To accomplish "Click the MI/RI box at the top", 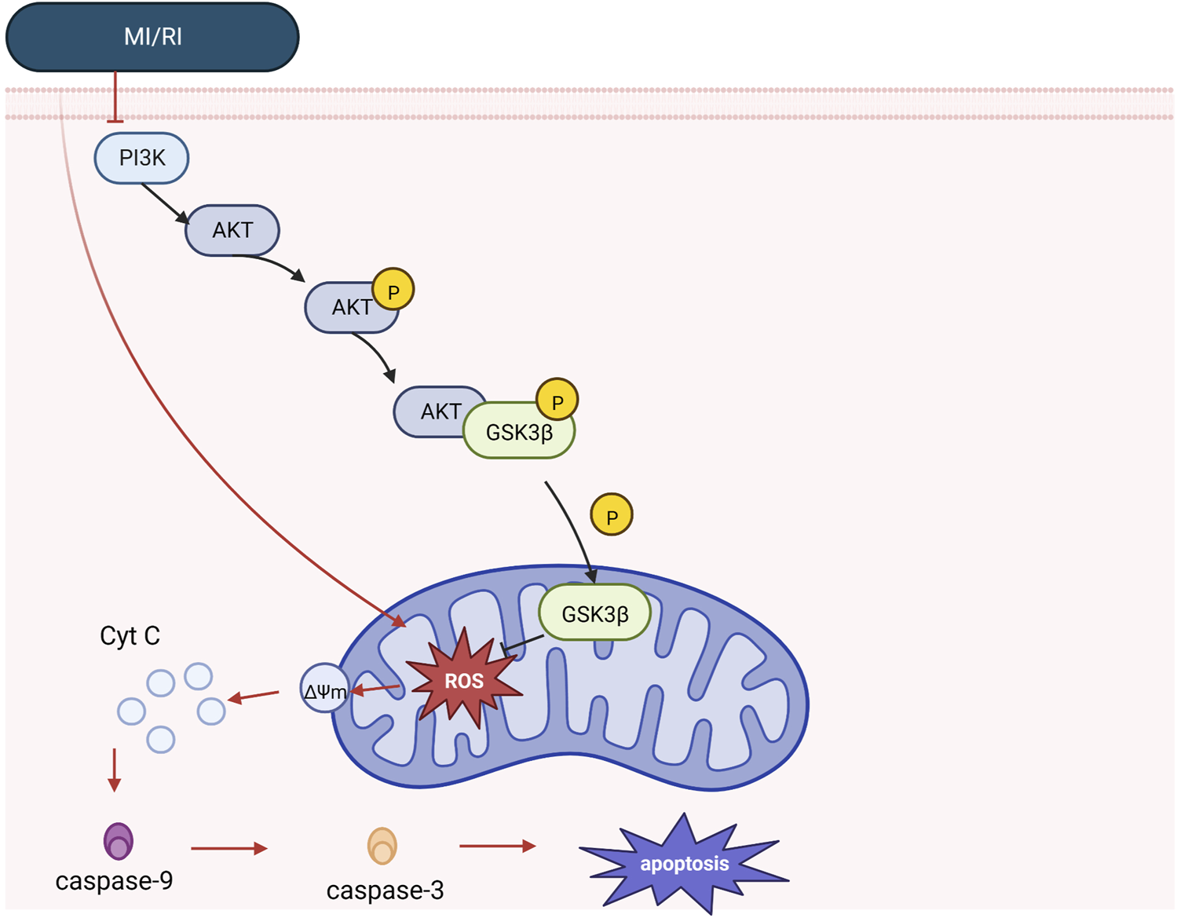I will coord(152,37).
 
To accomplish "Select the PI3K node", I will coord(141,158).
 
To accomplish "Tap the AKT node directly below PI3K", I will coord(232,230).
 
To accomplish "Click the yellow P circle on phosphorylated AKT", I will coord(393,291).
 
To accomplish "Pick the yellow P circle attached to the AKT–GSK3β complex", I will coord(557,400).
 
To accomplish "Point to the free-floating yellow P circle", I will coord(612,515).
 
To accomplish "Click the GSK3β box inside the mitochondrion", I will coord(595,613).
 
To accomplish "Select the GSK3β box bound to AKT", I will coord(520,432).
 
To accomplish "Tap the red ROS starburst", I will coord(465,680).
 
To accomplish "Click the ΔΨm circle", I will coord(323,689).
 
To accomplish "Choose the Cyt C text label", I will coord(130,636).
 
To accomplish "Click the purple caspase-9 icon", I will coord(119,841).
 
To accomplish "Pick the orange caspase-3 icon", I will coord(382,847).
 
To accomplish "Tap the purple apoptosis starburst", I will coord(685,863).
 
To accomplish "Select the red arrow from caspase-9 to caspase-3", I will coord(228,848).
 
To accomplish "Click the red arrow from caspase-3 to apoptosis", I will coord(497,846).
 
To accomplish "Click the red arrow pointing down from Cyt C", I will coord(115,770).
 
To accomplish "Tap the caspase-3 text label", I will coord(385,891).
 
